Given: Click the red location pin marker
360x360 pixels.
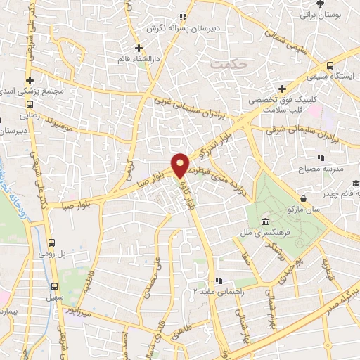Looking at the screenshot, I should [x=181, y=165].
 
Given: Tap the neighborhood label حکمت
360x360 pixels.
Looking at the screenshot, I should [x=226, y=63].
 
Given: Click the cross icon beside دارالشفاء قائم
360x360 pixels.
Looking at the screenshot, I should [x=139, y=49].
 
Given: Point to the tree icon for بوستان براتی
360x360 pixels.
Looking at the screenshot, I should [x=321, y=4].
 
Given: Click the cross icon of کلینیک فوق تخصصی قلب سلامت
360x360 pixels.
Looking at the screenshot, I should [x=282, y=89].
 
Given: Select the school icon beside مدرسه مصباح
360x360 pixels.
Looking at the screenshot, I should [x=321, y=157].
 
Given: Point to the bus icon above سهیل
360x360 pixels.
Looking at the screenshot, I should [x=56, y=286].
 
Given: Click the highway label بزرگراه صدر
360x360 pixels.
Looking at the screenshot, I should [x=345, y=302].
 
